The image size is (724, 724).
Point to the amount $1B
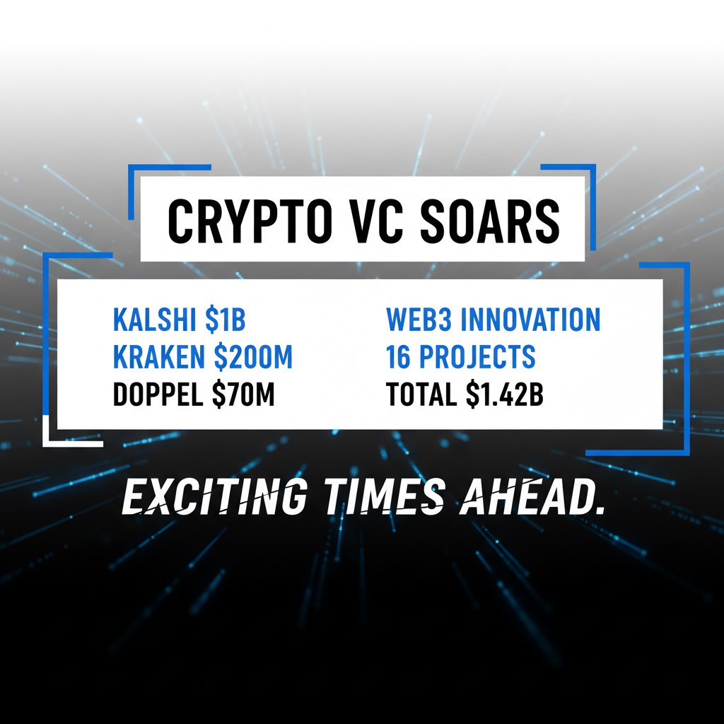(x=225, y=320)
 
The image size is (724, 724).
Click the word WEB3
(x=419, y=320)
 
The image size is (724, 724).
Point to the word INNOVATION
(x=530, y=320)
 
